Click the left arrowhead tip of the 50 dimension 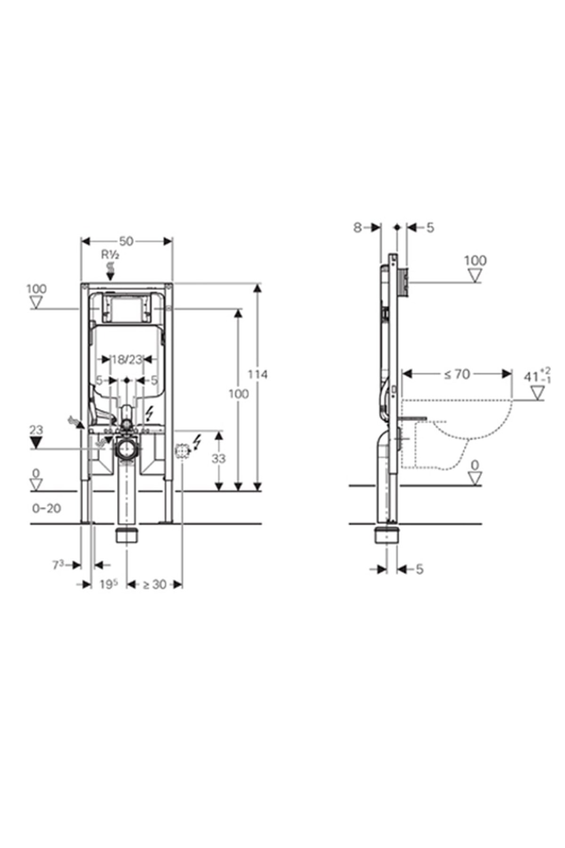point(81,241)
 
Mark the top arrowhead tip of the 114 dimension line point(257,284)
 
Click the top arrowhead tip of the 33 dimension point(218,431)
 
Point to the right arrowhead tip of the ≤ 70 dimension point(511,374)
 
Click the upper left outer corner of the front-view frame point(81,284)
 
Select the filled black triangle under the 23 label point(36,442)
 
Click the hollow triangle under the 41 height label point(537,392)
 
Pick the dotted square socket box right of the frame point(181,451)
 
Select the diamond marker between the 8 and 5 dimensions point(397,228)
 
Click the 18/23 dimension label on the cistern point(127,359)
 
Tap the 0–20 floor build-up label point(47,508)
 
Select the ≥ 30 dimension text point(154,585)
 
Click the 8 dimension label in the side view point(357,228)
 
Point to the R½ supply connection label point(111,255)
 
